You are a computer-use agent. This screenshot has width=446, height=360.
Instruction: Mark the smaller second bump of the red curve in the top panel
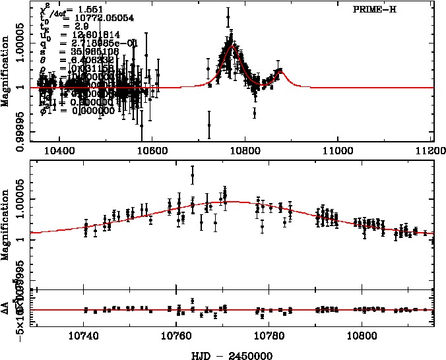click(x=280, y=70)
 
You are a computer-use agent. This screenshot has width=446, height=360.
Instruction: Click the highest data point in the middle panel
click(x=192, y=175)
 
